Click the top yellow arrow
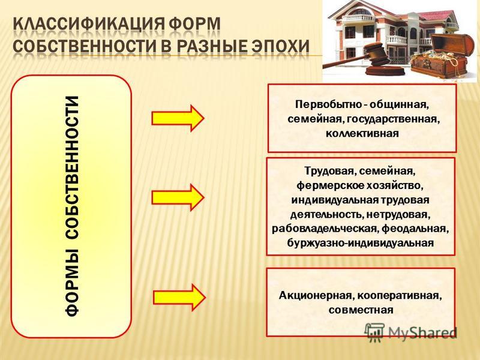[x=178, y=118]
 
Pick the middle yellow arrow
[x=178, y=197]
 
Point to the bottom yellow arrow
[x=179, y=298]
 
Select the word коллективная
[x=362, y=134]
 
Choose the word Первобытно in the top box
[x=328, y=104]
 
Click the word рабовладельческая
[x=325, y=229]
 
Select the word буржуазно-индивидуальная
[x=361, y=244]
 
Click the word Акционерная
[x=317, y=296]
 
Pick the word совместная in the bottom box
[x=361, y=310]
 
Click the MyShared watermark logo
[x=410, y=332]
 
